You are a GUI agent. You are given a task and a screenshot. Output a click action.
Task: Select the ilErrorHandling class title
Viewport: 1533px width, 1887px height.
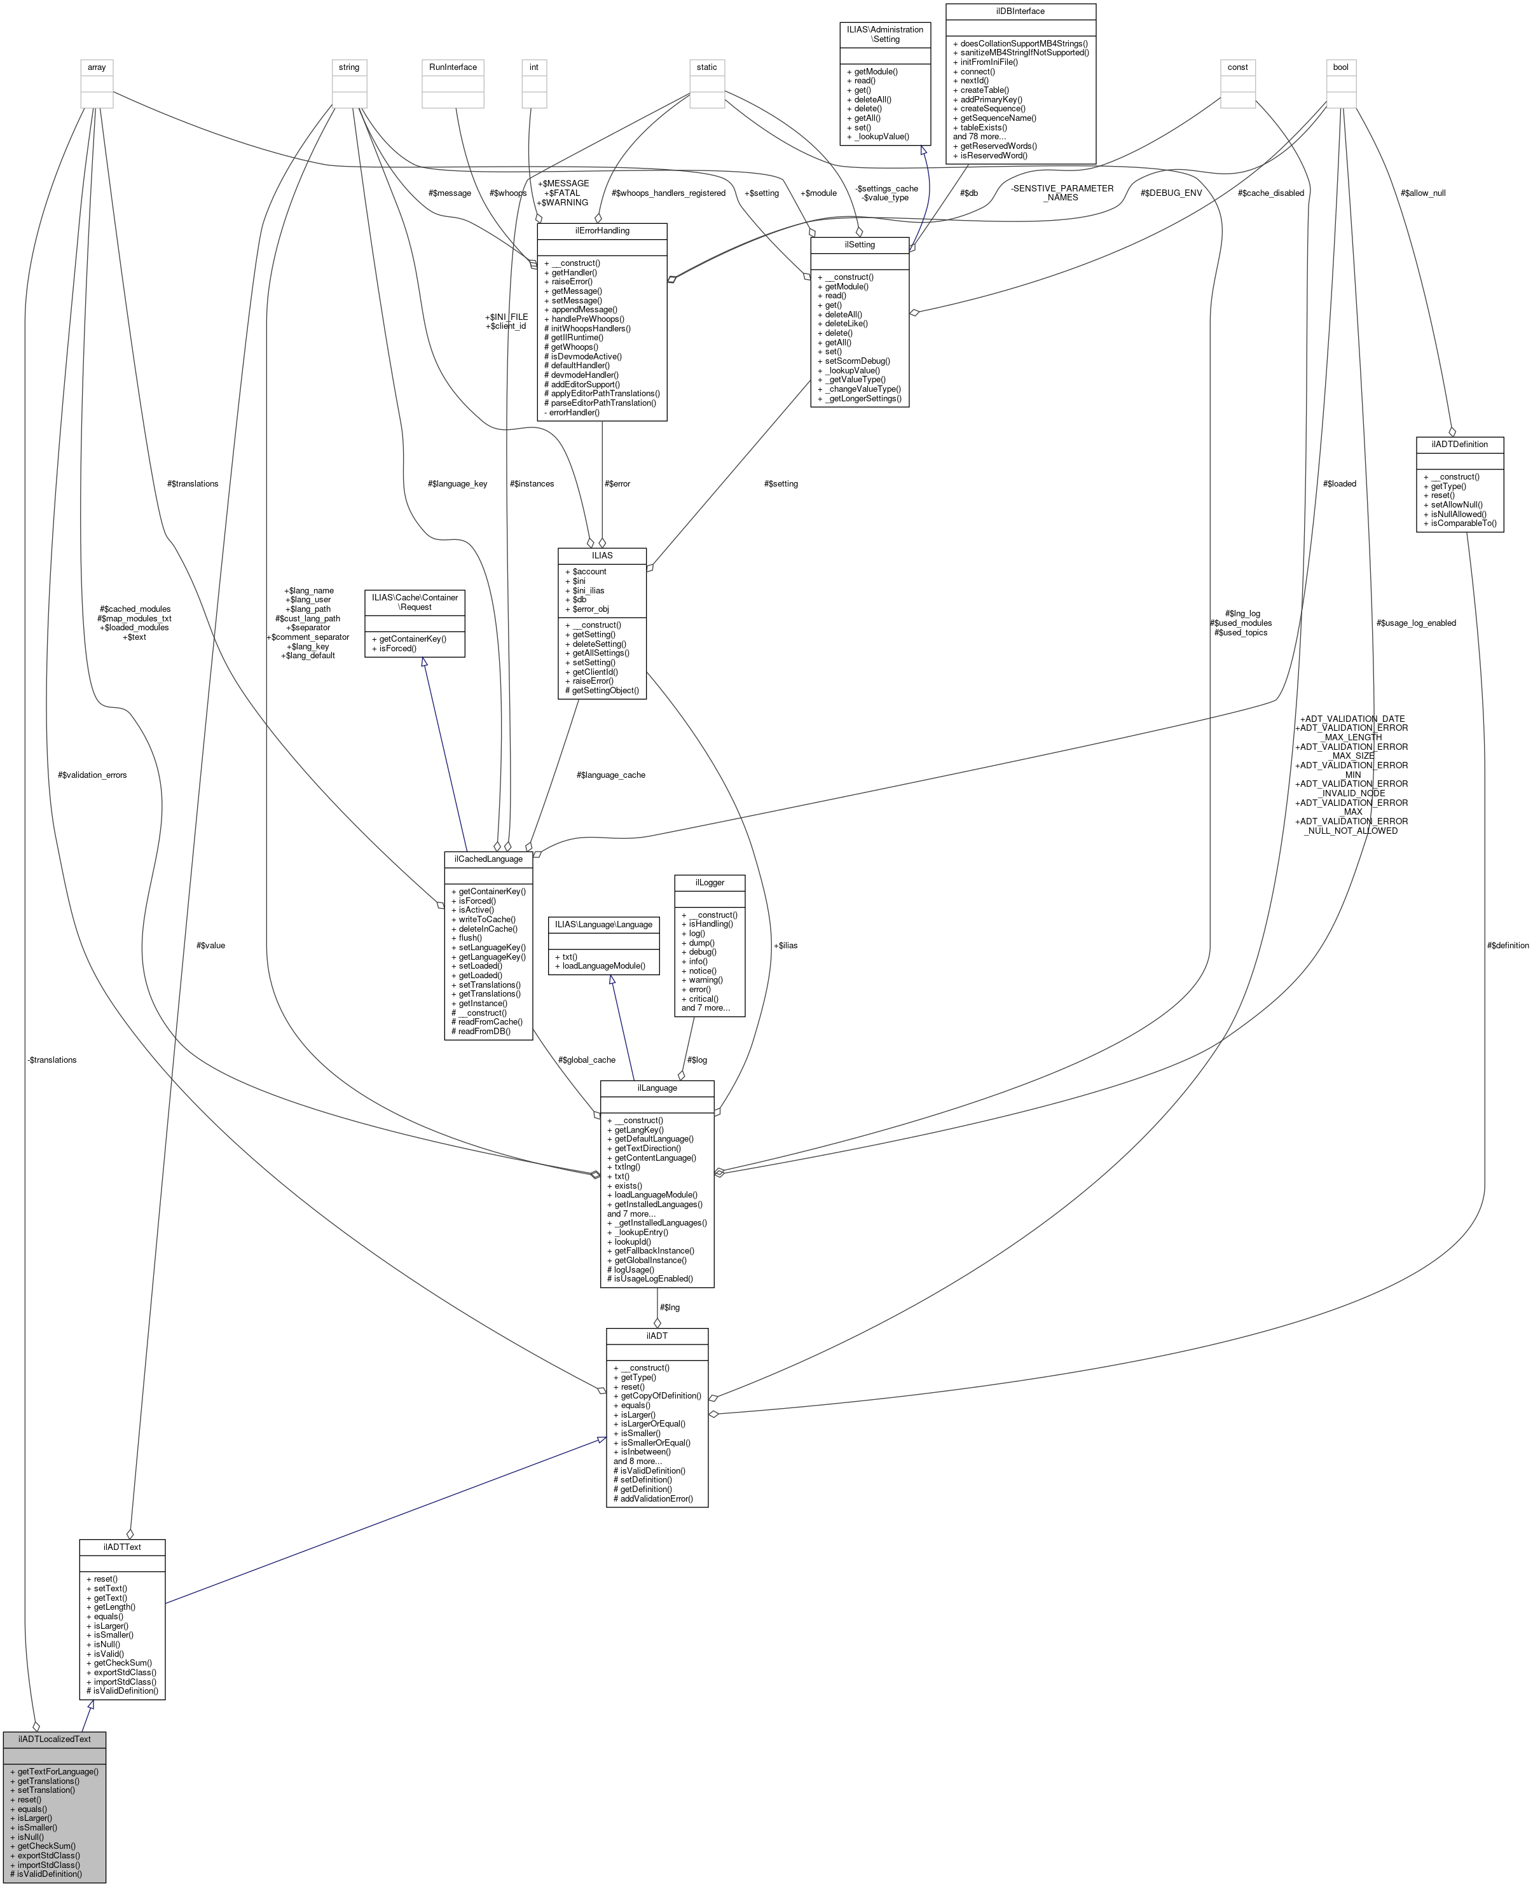[x=602, y=231]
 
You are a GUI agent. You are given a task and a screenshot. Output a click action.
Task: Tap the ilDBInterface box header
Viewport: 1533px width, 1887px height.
[x=1020, y=11]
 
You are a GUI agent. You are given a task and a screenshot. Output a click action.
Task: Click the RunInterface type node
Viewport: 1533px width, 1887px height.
[x=453, y=67]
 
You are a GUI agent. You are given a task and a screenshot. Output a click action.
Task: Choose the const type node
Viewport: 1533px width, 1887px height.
[x=1237, y=67]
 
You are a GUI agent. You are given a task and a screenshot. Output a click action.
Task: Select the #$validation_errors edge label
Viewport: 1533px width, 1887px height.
[x=93, y=775]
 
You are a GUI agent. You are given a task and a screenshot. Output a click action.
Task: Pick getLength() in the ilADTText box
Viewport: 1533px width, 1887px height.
[x=114, y=1607]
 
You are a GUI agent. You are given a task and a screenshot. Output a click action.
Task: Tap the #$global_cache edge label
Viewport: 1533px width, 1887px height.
[x=586, y=1059]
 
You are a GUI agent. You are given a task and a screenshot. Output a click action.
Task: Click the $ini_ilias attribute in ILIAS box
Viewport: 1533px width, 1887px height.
[x=589, y=590]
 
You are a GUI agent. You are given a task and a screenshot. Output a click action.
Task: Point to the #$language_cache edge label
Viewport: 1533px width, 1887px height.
[x=610, y=775]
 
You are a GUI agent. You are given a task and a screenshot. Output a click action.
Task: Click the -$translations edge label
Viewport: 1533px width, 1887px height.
[x=52, y=1059]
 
